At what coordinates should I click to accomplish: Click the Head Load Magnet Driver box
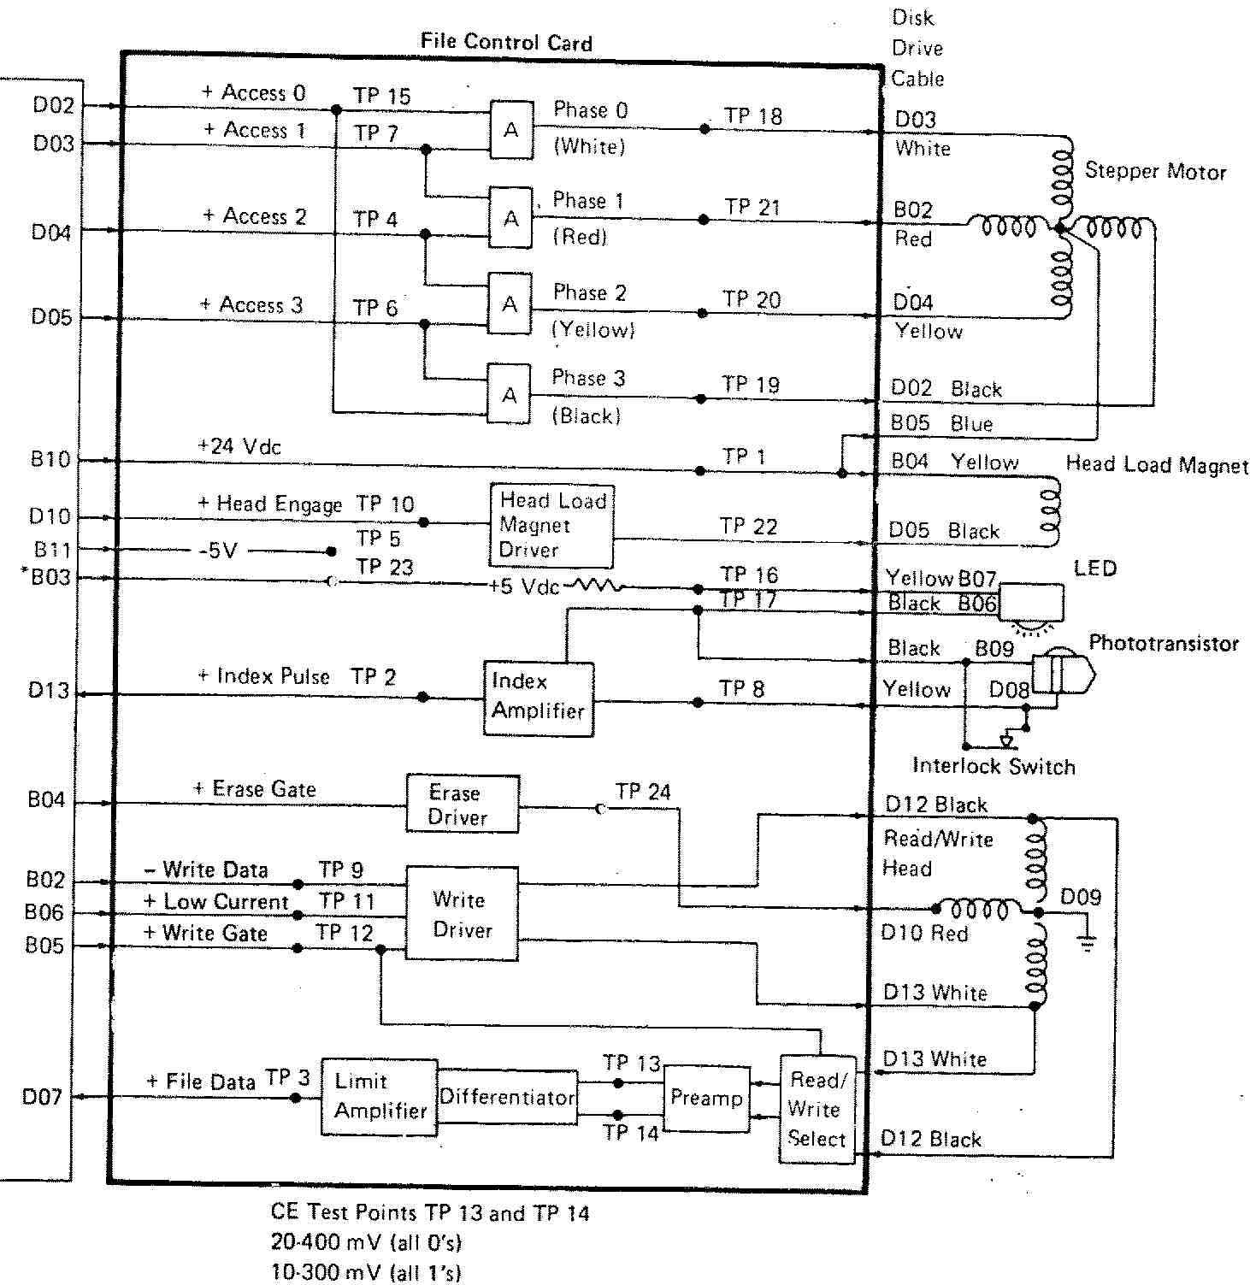click(x=551, y=526)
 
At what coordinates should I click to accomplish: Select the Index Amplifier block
click(x=539, y=698)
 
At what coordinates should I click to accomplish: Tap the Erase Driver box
click(x=462, y=805)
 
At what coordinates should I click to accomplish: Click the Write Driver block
click(x=462, y=914)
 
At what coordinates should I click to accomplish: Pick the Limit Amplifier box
click(x=379, y=1097)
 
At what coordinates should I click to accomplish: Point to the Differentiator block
click(x=507, y=1097)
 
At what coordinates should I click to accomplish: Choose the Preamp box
click(x=706, y=1098)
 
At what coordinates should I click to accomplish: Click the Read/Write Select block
click(x=817, y=1109)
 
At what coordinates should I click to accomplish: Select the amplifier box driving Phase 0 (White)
click(x=510, y=130)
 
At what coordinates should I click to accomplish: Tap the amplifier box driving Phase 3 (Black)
click(x=509, y=395)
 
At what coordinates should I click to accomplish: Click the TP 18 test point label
click(x=752, y=116)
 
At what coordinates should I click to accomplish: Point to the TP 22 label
click(x=748, y=527)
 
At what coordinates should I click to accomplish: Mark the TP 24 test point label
click(x=643, y=792)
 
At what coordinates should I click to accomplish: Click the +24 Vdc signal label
click(x=239, y=446)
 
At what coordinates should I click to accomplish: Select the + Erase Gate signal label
click(x=255, y=788)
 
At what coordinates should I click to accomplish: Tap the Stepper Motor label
click(x=1155, y=171)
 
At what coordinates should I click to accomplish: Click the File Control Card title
click(x=506, y=42)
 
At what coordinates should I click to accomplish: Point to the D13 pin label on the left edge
click(x=48, y=690)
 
